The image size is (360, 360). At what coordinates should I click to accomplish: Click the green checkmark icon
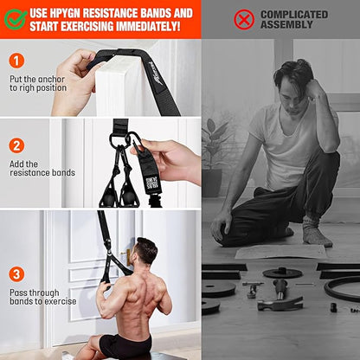pos(15,19)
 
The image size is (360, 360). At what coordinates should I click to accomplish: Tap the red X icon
pos(244,19)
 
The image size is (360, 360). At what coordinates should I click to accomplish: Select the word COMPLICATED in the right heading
pos(294,14)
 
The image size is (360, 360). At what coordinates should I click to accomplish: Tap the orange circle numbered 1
pos(17,61)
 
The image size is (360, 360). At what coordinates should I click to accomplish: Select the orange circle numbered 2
pos(17,145)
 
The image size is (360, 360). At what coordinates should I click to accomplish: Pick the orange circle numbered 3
pos(17,273)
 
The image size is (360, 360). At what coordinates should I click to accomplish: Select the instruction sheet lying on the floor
pos(267,252)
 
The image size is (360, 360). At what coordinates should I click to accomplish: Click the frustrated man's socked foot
pos(315,235)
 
